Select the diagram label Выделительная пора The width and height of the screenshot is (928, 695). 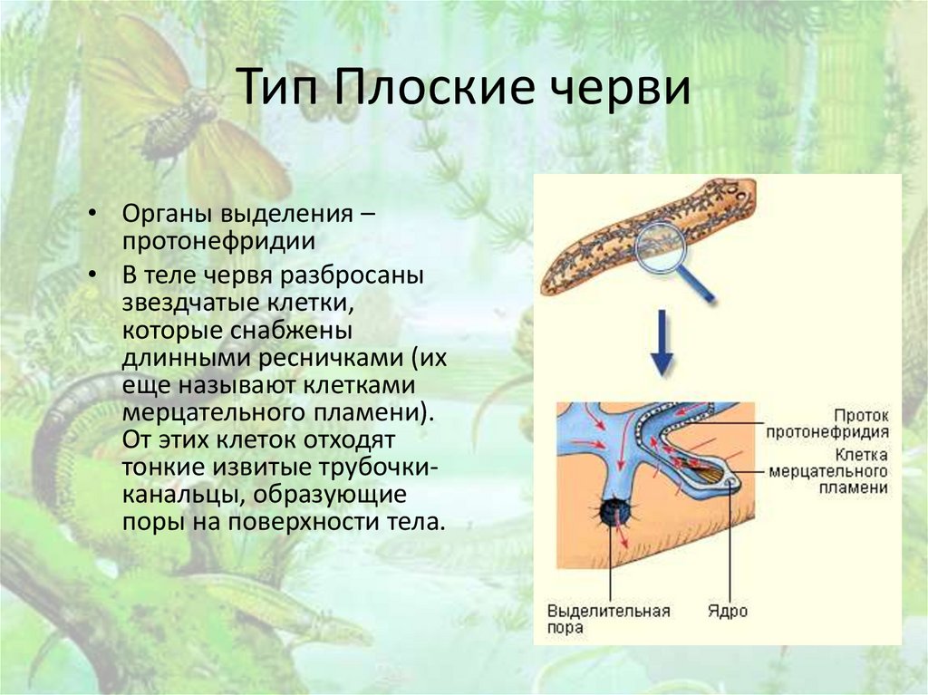point(608,619)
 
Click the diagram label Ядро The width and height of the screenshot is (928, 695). point(727,611)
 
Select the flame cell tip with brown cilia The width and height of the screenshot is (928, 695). point(710,473)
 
